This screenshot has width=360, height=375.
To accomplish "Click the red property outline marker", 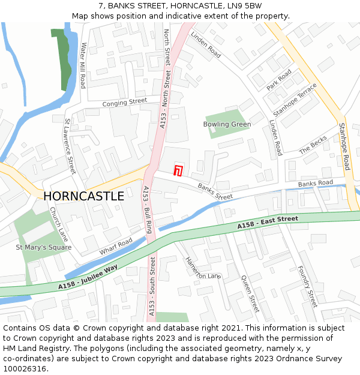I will (178, 170).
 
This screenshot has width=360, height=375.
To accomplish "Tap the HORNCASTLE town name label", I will (84, 196).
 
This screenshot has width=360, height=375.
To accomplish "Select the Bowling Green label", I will (227, 124).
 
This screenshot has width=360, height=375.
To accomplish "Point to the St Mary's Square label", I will (44, 247).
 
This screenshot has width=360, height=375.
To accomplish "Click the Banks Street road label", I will (215, 192).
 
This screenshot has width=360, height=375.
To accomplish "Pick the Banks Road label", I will (315, 183).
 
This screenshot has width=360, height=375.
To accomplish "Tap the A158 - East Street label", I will (268, 223).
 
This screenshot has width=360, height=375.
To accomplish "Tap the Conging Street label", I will (124, 103).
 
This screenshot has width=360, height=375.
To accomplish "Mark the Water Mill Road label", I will (83, 65).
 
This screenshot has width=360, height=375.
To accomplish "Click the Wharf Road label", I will (116, 246).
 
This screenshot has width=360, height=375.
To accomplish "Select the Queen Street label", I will (250, 294).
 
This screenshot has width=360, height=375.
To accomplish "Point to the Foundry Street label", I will (307, 287).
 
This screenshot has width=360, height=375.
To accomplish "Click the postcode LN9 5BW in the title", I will (244, 6).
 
